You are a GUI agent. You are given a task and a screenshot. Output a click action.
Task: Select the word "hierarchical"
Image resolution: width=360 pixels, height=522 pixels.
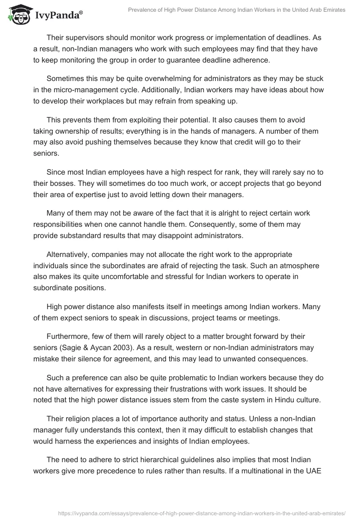pyautogui.click(x=142, y=460)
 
